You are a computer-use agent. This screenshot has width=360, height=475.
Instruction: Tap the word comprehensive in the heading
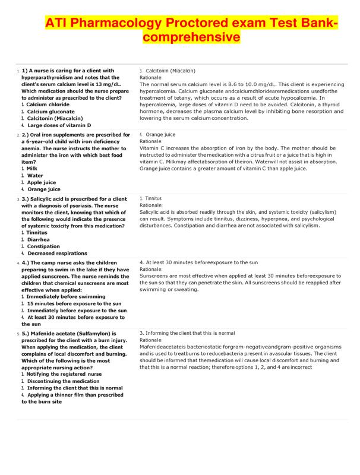pos(190,37)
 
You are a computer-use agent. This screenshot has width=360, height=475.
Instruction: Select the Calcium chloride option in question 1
pos(48,104)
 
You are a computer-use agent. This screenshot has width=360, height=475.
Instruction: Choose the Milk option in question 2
pos(32,168)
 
